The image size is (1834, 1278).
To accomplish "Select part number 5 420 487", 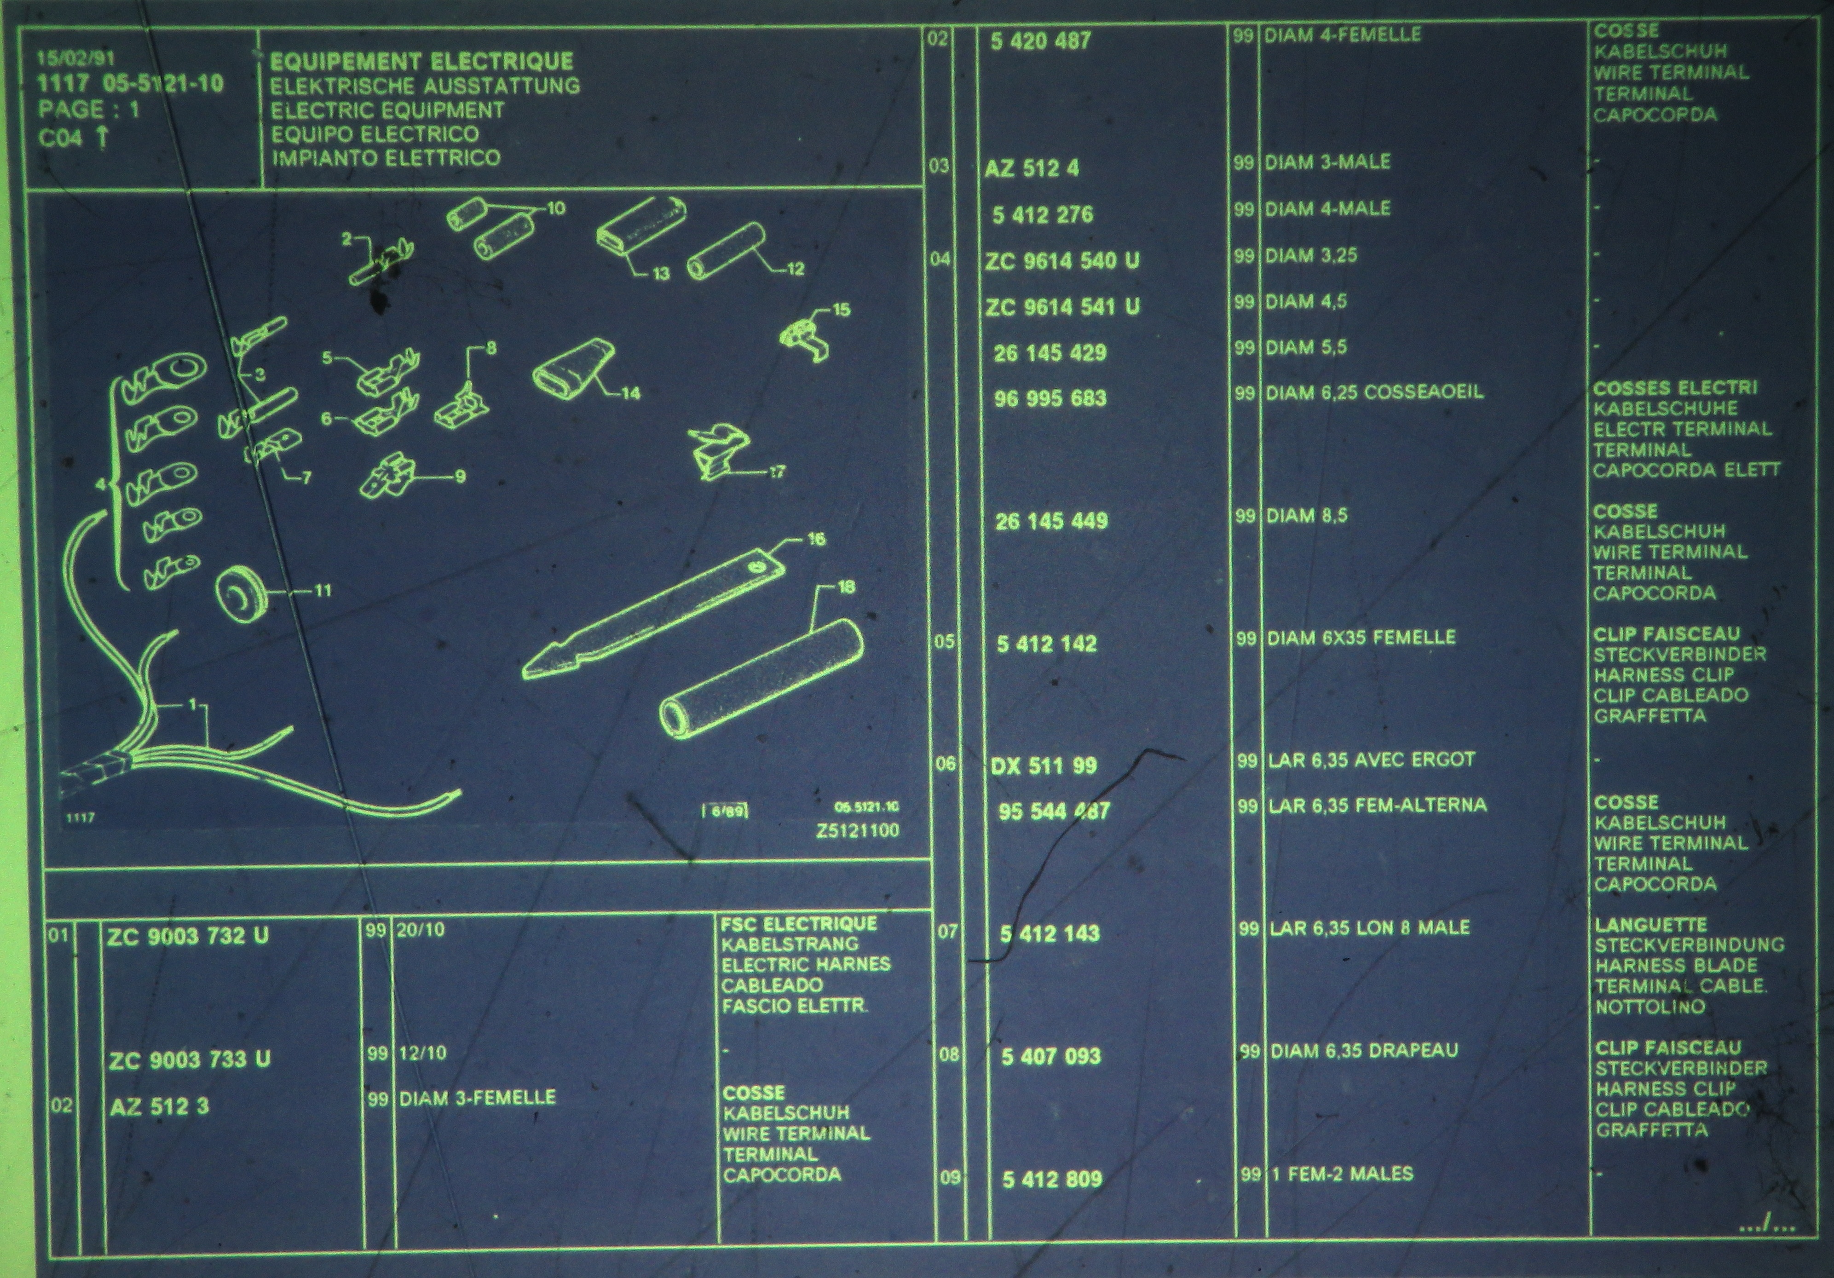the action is click(1041, 41).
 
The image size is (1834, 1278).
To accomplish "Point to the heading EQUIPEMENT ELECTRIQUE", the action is click(422, 62).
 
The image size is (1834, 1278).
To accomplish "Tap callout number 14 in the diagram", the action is click(631, 393).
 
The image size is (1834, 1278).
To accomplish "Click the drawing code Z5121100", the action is click(858, 831).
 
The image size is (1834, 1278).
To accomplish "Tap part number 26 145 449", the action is click(1051, 522).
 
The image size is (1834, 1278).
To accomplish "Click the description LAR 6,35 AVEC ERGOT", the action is click(1372, 760).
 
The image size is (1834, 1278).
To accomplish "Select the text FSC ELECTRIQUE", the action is click(799, 924).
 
